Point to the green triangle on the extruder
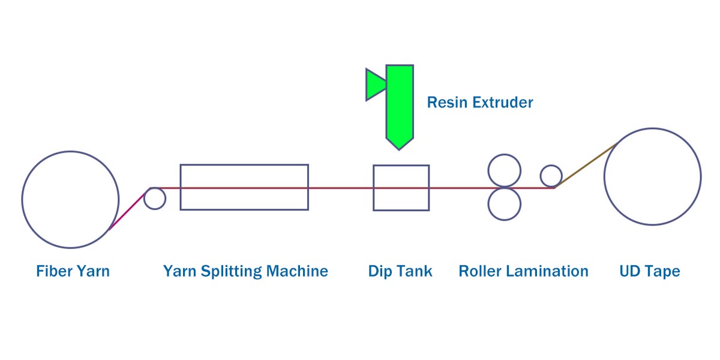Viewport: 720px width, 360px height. pos(374,85)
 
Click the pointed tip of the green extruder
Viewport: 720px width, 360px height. pos(399,150)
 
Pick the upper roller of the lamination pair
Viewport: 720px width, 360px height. pos(505,155)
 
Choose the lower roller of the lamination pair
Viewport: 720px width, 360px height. pos(505,220)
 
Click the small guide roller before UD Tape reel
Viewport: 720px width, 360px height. pos(551,166)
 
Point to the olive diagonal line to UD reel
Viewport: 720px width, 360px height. pos(586,165)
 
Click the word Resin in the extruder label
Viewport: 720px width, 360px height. pos(447,103)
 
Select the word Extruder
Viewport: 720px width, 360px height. pos(503,103)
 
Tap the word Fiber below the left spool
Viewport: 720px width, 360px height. pos(55,271)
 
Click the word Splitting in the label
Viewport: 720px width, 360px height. pos(232,272)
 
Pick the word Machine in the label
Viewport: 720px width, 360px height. pos(298,271)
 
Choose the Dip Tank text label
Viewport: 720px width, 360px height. pos(400,272)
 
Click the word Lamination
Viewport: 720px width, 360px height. pos(547,271)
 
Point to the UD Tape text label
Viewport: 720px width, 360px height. pos(650,272)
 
